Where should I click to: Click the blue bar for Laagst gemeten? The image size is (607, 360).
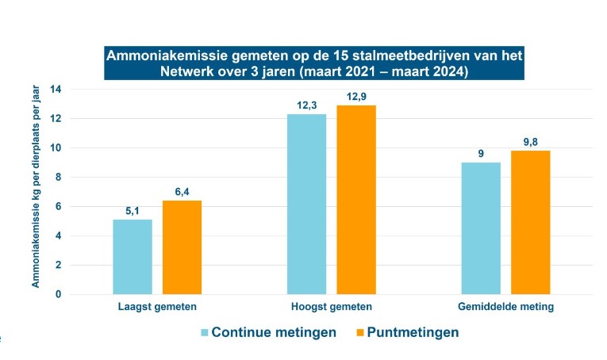pos(133,257)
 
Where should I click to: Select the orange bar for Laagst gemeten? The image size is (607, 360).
pos(182,247)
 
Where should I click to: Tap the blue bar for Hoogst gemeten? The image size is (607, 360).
pos(306,204)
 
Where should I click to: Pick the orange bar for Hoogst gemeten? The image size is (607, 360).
pos(356,200)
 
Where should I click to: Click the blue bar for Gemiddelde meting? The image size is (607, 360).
pos(481,228)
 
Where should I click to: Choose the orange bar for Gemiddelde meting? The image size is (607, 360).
pos(530,223)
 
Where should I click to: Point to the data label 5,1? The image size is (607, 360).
pos(133,211)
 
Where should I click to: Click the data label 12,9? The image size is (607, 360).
pos(356,97)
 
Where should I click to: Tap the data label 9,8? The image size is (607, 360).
pos(530,142)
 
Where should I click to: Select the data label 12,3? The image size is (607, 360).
pos(306,105)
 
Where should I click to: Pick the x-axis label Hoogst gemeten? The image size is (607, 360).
pos(331,306)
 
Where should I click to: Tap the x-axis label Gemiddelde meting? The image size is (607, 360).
pos(505,306)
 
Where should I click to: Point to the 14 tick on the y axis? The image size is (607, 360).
pos(56,89)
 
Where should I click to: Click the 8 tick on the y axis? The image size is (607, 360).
pos(57,177)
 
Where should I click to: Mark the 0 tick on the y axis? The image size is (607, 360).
pos(57,294)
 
